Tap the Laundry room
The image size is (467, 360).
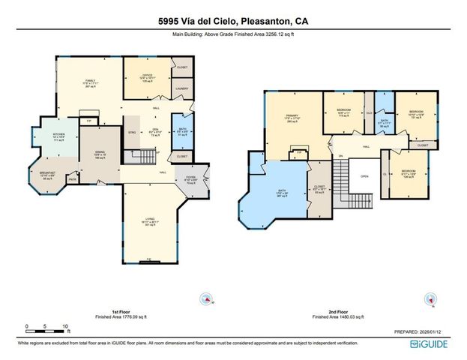[182, 88]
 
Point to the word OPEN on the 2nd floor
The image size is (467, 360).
[364, 177]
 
